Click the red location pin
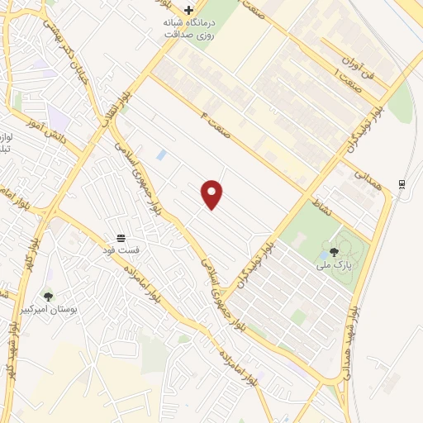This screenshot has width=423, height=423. [212, 194]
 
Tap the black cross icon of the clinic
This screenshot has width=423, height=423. [188, 11]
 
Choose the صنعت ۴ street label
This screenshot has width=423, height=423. [214, 118]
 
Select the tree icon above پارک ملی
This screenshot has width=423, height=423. [334, 252]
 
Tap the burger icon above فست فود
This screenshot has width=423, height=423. [121, 237]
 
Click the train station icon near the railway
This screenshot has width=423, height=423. [401, 183]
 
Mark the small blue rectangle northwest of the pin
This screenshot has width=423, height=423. [161, 154]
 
